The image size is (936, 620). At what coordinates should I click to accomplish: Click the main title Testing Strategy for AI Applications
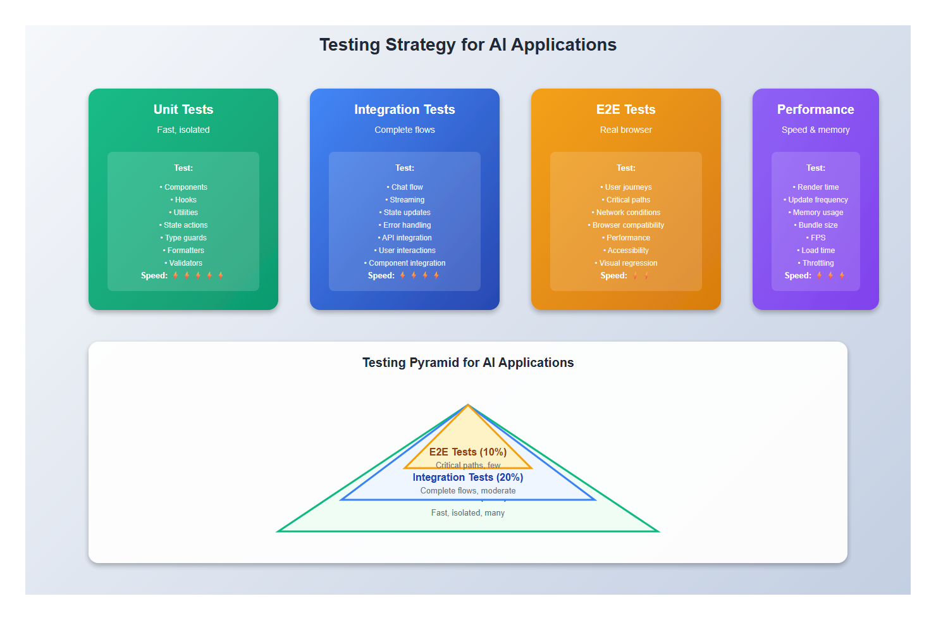pyautogui.click(x=468, y=45)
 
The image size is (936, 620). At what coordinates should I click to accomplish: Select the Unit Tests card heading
pyautogui.click(x=183, y=109)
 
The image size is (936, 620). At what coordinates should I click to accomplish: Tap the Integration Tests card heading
pyautogui.click(x=405, y=109)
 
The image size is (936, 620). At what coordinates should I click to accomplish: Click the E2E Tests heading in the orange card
pyautogui.click(x=626, y=109)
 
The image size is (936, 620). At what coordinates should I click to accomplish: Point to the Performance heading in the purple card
pyautogui.click(x=815, y=109)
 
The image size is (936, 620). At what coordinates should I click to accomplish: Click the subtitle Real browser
pyautogui.click(x=626, y=130)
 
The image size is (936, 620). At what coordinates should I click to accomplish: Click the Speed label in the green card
pyautogui.click(x=154, y=276)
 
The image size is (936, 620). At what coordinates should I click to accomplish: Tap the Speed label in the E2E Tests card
pyautogui.click(x=613, y=276)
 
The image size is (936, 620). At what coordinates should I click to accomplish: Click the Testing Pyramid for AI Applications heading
pyautogui.click(x=468, y=363)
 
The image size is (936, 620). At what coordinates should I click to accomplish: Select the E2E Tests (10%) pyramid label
pyautogui.click(x=468, y=452)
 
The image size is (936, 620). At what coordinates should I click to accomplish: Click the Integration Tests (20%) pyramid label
pyautogui.click(x=468, y=478)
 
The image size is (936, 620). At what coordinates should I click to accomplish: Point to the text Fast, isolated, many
pyautogui.click(x=468, y=513)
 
